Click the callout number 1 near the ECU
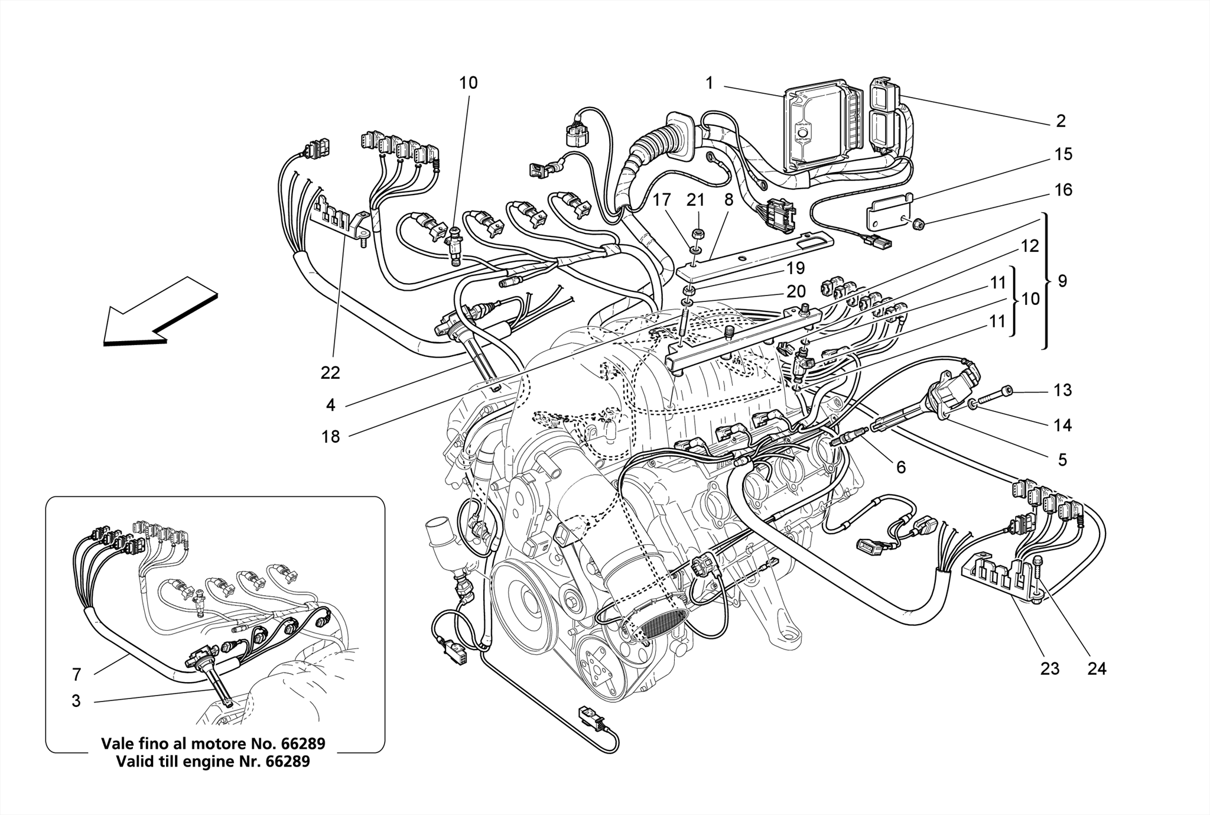pos(710,83)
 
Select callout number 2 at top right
pos(1061,121)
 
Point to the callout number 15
pos(1063,155)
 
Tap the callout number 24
pos(1097,668)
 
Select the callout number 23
pos(1050,668)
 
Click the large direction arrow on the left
pos(157,313)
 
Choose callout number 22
pos(331,373)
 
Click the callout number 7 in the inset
pos(76,674)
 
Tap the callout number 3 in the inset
pos(76,701)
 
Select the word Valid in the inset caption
pos(134,761)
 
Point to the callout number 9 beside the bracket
pos(1062,281)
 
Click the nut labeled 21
pos(697,233)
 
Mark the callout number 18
pos(331,437)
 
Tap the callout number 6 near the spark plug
pos(900,467)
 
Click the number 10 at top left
pos(469,83)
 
